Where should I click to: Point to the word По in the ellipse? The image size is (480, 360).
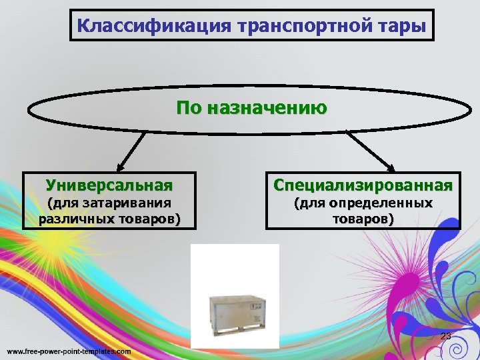(189, 107)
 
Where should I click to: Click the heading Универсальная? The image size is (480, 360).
(109, 184)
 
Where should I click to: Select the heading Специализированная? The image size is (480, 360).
(363, 184)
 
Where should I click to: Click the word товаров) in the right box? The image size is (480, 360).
(363, 218)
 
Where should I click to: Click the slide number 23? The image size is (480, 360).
(446, 336)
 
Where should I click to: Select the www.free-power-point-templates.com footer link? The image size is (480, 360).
(69, 351)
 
